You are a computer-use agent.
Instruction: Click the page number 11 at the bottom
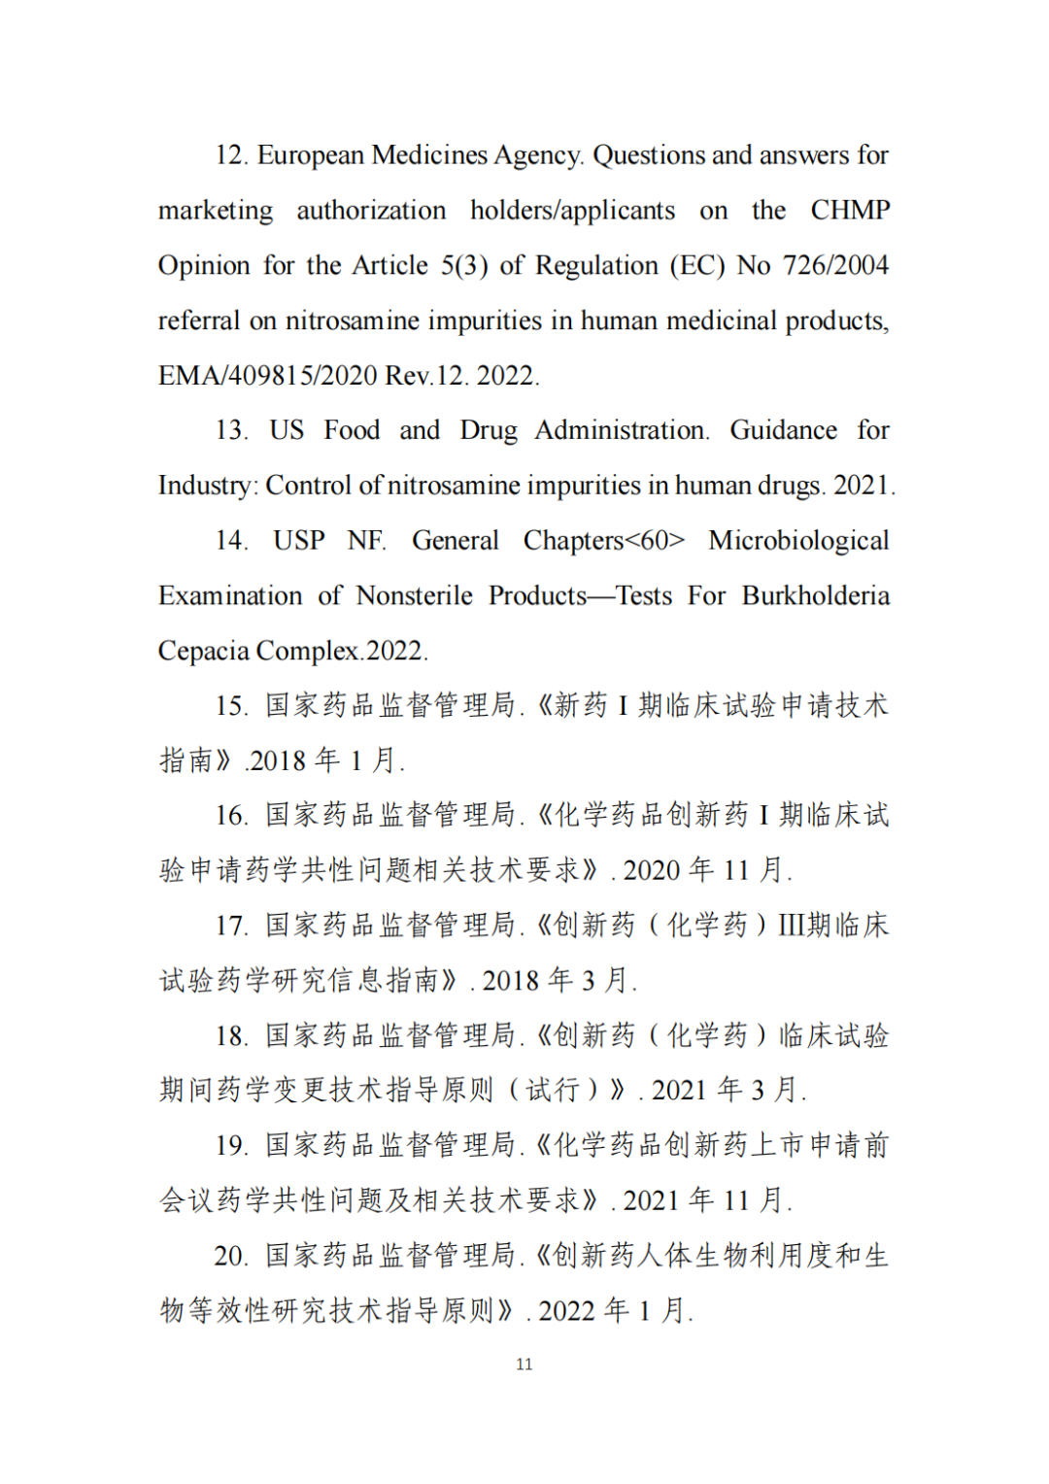524,1365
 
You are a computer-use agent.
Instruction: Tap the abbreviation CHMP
850,211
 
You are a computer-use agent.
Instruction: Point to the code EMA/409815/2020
268,376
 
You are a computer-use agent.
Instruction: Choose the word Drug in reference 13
489,430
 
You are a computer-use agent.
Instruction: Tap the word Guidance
783,430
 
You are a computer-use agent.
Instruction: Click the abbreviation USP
298,541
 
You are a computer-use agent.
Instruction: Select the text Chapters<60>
604,541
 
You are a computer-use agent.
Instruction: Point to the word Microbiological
798,541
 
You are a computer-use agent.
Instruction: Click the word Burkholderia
816,595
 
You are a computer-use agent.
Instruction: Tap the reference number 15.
231,706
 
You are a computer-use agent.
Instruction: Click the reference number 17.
231,926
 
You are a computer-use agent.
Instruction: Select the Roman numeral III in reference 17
792,926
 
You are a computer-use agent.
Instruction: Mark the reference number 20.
231,1256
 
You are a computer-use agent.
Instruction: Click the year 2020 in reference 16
651,870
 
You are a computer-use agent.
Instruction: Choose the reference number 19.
231,1146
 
